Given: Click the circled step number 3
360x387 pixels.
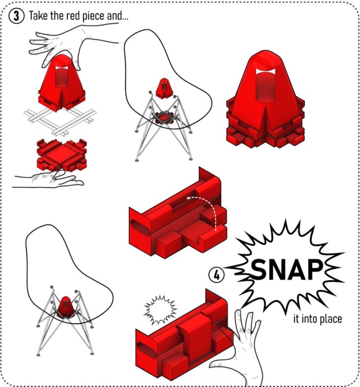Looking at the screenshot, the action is tap(17, 16).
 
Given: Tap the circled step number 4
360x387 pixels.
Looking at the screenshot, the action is tap(216, 275).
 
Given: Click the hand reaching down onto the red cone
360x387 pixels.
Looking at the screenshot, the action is tap(72, 44).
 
